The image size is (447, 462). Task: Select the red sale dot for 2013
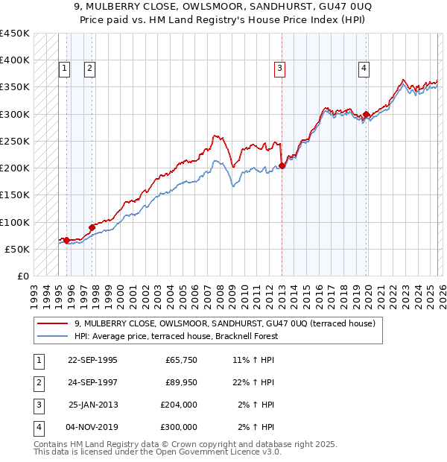click(x=282, y=166)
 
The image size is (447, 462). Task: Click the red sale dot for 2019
click(x=367, y=115)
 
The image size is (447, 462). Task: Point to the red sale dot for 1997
click(x=92, y=227)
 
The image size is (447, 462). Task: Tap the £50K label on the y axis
click(x=17, y=249)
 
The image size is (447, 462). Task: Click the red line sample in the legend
click(x=53, y=323)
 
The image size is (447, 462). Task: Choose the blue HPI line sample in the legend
click(x=53, y=336)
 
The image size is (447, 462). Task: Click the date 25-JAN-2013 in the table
click(x=92, y=405)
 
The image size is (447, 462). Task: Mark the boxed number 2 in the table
click(x=38, y=382)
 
